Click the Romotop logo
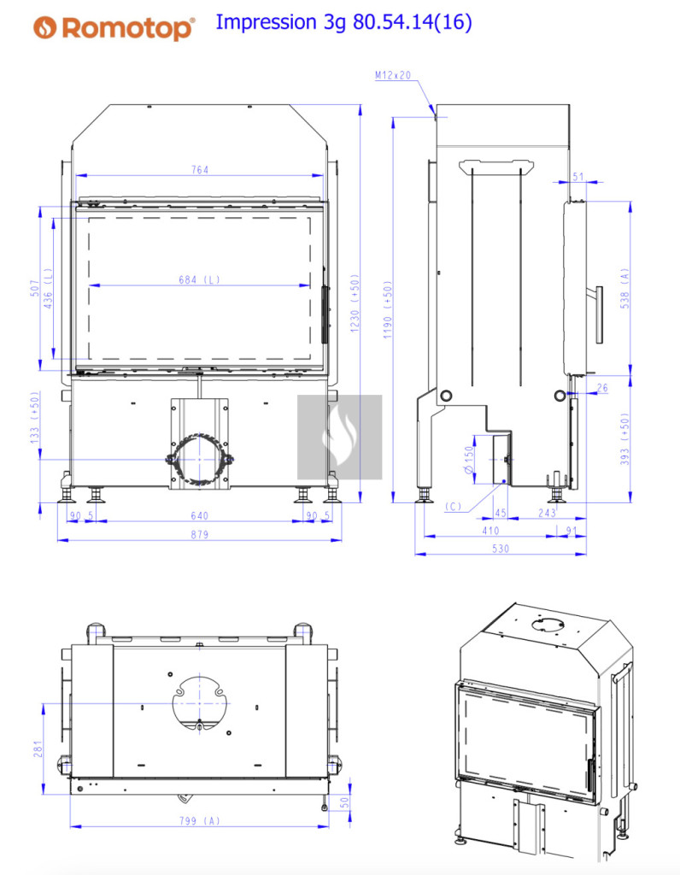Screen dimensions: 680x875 (x=114, y=27)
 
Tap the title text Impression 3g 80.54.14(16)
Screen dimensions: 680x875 (x=343, y=22)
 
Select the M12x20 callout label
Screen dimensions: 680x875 (x=393, y=75)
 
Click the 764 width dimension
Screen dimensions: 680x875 (x=200, y=169)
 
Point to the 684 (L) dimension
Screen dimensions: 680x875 (x=199, y=279)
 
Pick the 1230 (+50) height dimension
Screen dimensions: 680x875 (x=355, y=303)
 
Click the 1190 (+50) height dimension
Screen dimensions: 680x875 (x=388, y=309)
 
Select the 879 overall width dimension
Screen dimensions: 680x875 (x=199, y=534)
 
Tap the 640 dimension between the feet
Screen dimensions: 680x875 (x=199, y=515)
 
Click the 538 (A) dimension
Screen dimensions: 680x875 (x=624, y=289)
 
